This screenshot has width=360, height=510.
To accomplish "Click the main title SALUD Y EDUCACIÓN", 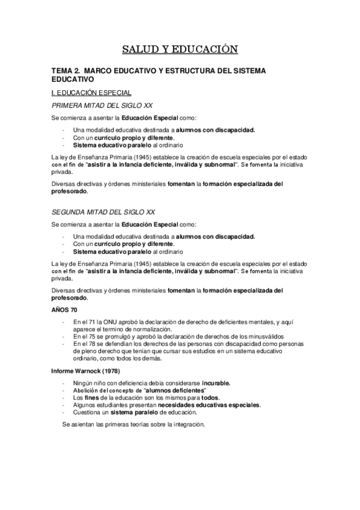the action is click(x=180, y=49).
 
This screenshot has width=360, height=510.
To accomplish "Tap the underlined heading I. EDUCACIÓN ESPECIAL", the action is click(x=88, y=93).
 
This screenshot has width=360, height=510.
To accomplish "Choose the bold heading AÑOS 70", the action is click(x=64, y=309).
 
